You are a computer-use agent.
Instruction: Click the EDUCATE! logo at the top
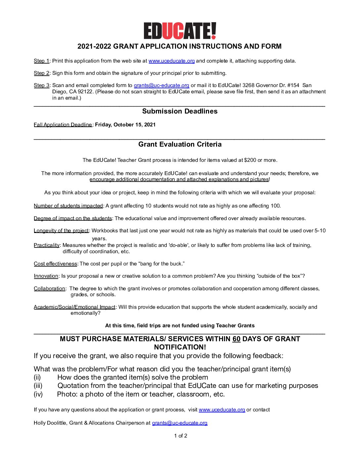(x=180, y=31)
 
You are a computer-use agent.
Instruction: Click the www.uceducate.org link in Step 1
(x=171, y=61)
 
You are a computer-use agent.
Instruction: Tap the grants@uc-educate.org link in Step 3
(x=161, y=85)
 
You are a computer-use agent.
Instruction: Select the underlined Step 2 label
(x=41, y=73)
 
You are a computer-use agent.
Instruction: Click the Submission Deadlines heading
(x=180, y=111)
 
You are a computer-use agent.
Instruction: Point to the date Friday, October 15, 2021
(x=125, y=125)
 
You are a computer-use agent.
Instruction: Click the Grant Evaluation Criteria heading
(x=180, y=144)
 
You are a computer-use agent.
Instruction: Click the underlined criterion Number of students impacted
(x=68, y=206)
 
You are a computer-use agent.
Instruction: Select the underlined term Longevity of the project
(x=61, y=231)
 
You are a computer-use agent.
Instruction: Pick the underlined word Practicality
(x=47, y=245)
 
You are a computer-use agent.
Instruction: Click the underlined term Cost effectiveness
(x=55, y=264)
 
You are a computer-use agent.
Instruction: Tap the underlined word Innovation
(x=46, y=276)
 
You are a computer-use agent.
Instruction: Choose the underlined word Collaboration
(x=49, y=289)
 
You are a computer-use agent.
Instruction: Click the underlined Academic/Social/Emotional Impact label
(x=74, y=307)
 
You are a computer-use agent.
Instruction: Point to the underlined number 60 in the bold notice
(x=236, y=339)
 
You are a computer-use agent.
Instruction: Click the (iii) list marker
(x=38, y=386)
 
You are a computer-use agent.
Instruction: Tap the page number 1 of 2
(x=181, y=436)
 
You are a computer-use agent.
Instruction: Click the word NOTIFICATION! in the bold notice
(x=180, y=347)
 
